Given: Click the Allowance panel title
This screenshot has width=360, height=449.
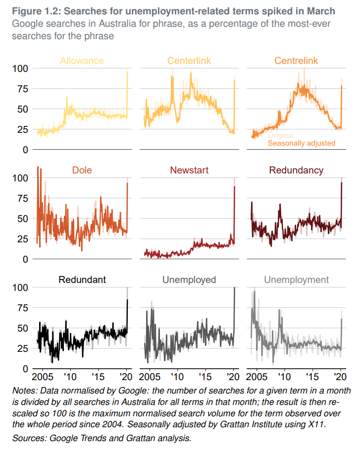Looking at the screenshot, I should point(82,61).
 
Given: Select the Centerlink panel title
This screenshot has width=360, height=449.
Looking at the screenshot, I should point(189,61).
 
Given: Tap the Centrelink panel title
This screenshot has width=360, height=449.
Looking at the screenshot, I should point(296,61).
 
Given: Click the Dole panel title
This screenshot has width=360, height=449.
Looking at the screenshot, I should point(82,170).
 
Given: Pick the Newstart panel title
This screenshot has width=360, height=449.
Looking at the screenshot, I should point(189,170).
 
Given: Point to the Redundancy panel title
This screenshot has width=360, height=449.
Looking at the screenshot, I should point(296,170).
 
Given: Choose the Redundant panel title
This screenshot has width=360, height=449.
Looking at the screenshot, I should point(82,280).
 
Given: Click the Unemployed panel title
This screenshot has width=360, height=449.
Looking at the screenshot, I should point(189,280).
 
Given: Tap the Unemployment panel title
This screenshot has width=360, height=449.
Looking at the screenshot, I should point(296,280).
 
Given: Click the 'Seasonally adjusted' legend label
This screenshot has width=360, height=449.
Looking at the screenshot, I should point(302,143).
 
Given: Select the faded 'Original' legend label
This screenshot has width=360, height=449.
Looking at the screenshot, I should point(281,135).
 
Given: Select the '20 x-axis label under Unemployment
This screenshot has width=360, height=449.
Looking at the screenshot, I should point(340,377).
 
